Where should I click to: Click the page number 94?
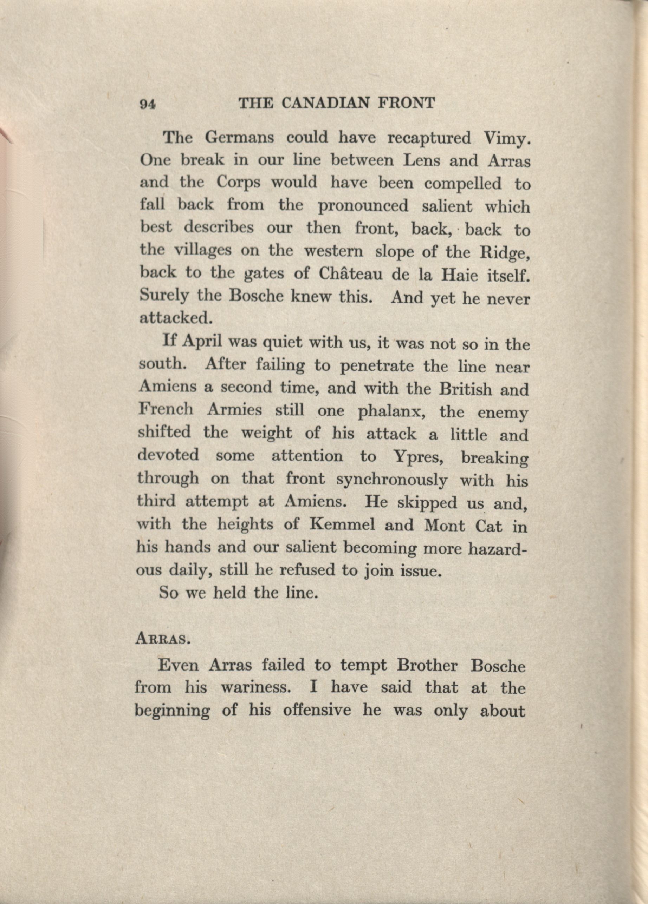(x=147, y=104)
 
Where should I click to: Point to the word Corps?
(x=238, y=183)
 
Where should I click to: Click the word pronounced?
(x=363, y=206)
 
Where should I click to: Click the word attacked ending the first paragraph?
(x=174, y=318)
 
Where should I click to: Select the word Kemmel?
(x=342, y=524)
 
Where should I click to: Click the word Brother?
(x=427, y=666)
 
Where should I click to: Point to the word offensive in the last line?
(x=317, y=710)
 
